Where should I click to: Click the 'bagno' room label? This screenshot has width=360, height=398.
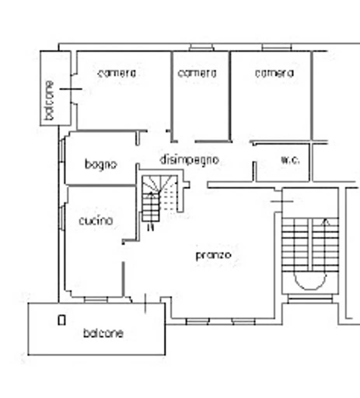pos(101,165)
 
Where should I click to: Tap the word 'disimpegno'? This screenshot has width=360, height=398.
pos(189,160)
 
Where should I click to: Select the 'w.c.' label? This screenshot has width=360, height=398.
pos(290,160)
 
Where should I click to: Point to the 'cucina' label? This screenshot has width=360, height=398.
pos(96,221)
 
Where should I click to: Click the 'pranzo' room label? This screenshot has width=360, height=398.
pos(213,255)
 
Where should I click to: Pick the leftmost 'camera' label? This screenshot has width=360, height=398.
pos(117,73)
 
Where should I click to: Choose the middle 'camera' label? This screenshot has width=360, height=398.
pos(197,73)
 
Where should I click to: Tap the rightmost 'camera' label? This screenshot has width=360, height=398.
pos(274,73)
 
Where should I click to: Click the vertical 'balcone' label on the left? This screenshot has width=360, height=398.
pos(49,100)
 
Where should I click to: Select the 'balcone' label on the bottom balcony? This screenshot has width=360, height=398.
pos(103,333)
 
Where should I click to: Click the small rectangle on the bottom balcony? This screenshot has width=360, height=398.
pos(62,320)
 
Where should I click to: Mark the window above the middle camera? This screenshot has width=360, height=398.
pos(202,47)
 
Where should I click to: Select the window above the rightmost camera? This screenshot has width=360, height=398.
pos(277,47)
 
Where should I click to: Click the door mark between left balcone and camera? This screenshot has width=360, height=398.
pos(71,89)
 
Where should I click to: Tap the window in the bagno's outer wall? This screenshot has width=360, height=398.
pos(62,151)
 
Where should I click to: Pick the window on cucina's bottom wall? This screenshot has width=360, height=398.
pos(96,300)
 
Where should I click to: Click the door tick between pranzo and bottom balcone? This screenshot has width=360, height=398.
pos(145,304)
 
